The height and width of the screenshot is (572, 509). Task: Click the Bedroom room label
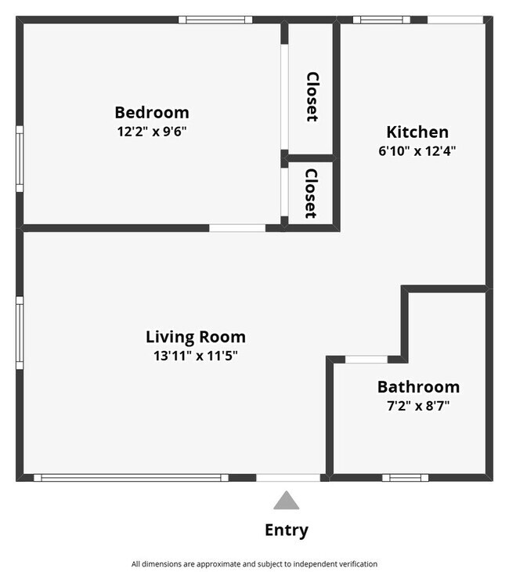tap(152, 112)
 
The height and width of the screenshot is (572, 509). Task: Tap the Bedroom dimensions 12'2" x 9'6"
tap(152, 132)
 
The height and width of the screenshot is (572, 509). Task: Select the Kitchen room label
tap(417, 132)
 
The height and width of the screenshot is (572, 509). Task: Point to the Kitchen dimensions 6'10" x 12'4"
tap(417, 151)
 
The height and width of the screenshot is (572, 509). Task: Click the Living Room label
tap(196, 337)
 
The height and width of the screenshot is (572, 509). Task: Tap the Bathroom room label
tap(418, 386)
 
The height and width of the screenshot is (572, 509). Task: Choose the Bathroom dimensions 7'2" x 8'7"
tap(418, 406)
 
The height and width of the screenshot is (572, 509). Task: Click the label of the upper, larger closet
tap(312, 97)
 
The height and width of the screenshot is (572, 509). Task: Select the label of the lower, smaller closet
tap(311, 194)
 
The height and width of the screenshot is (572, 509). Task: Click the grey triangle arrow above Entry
tap(287, 501)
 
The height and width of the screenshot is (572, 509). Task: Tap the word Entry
tap(287, 530)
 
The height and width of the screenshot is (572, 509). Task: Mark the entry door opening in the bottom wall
tap(288, 477)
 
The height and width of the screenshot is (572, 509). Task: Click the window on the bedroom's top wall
tap(215, 20)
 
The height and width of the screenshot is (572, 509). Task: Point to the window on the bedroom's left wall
tap(20, 159)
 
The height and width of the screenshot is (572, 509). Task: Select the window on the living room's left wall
tap(20, 332)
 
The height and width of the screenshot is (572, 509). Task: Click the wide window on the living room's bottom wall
tap(131, 477)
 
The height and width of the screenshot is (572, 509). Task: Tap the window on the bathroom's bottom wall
tap(405, 477)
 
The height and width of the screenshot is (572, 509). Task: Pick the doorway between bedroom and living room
tap(237, 228)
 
